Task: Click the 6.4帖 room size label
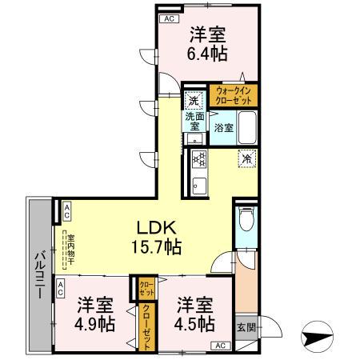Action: point(206,54)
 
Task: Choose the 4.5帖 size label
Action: point(195,324)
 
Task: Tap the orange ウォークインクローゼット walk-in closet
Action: point(234,96)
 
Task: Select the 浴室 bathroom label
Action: point(223,127)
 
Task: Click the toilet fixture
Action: point(246,220)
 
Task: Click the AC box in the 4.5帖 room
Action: point(218,346)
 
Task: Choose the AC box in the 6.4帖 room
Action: point(169,18)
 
